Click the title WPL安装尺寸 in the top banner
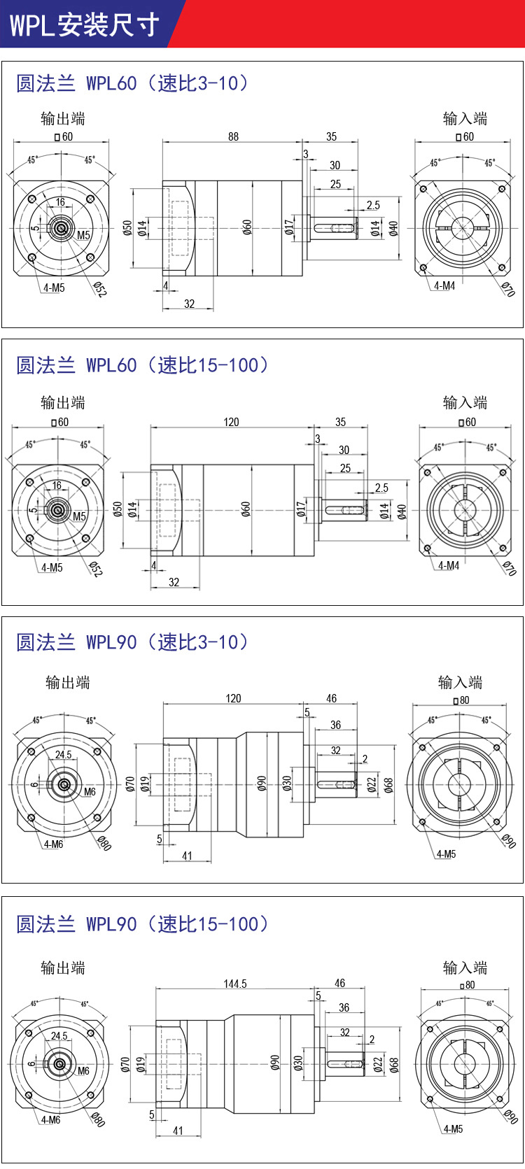click(x=84, y=25)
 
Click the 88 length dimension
click(x=233, y=136)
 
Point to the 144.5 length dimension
click(x=235, y=984)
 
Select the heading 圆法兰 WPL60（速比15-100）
click(x=142, y=364)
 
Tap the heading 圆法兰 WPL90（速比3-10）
click(x=132, y=642)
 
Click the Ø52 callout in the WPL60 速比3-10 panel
click(x=99, y=290)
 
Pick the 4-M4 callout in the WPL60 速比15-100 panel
click(x=449, y=565)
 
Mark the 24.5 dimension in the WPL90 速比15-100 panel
click(x=59, y=1035)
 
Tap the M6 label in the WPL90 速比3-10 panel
click(x=90, y=792)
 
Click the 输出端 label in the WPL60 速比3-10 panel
click(x=63, y=118)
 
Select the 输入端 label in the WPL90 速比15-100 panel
click(x=465, y=968)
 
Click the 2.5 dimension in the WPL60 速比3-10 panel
click(x=373, y=205)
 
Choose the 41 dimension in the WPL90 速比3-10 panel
click(x=187, y=856)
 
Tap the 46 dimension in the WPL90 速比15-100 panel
click(x=339, y=983)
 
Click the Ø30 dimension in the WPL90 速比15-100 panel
click(x=298, y=1063)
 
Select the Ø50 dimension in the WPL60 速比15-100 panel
click(x=118, y=509)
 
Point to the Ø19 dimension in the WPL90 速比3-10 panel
click(x=144, y=784)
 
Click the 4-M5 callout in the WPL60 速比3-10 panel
click(x=53, y=288)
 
